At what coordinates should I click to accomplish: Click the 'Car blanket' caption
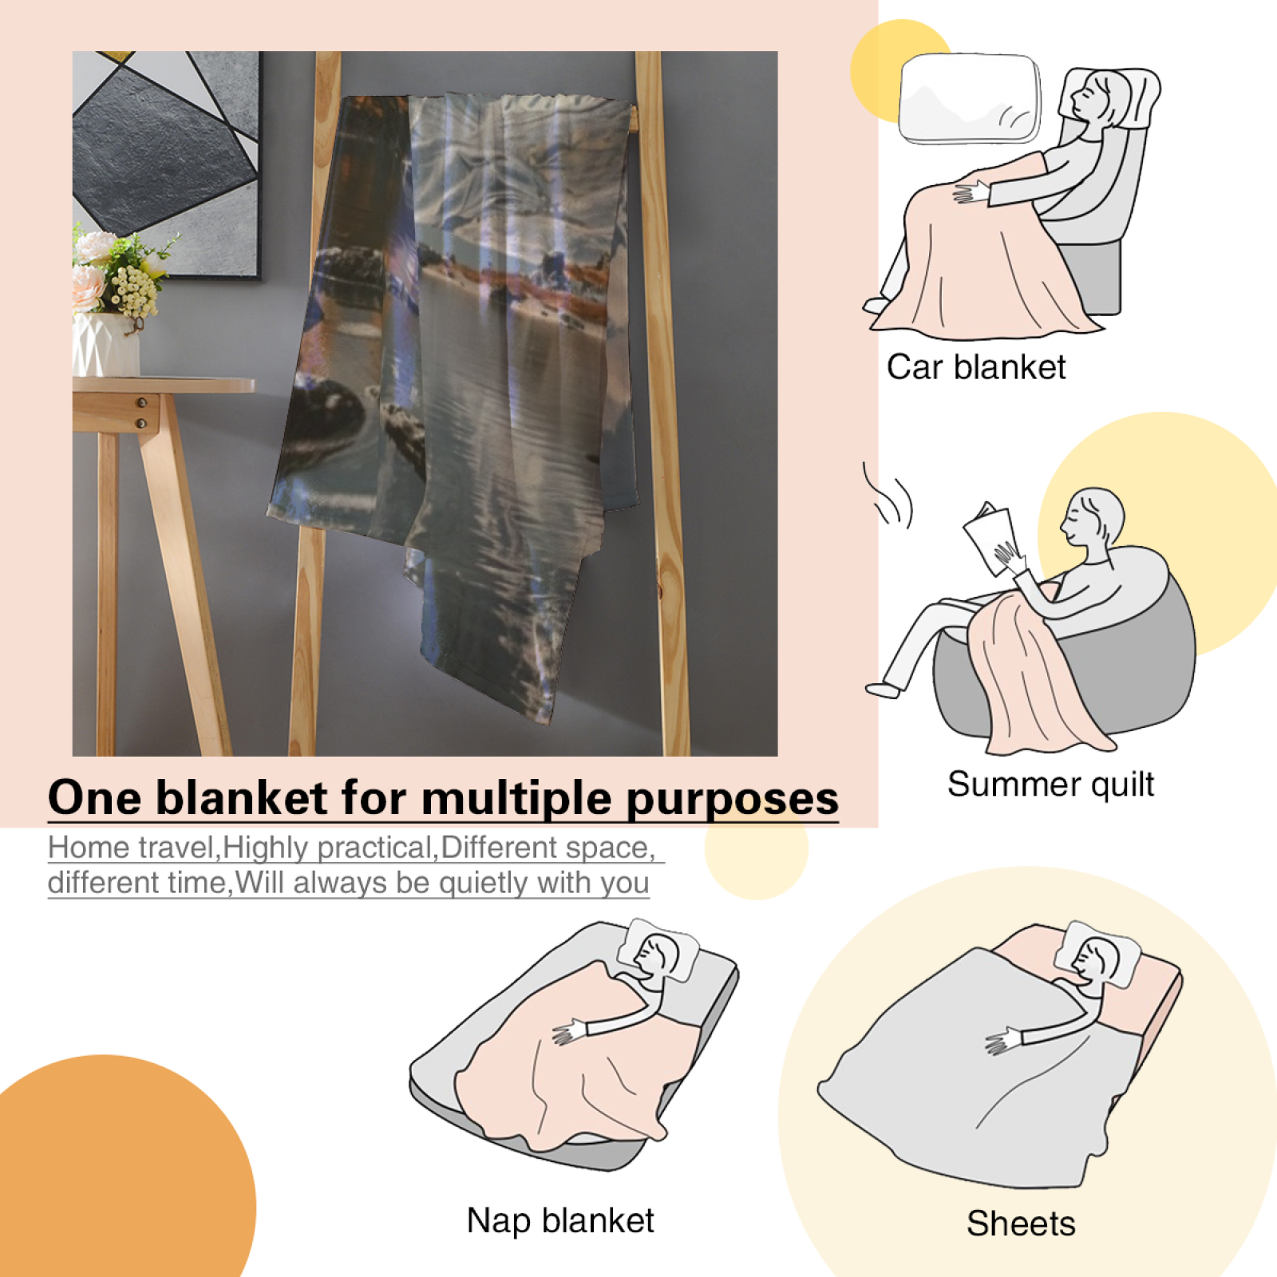coord(976,367)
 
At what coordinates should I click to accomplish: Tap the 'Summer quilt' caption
coord(1050,785)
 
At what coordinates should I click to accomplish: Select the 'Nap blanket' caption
coord(560,1221)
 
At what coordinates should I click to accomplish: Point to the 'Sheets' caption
coord(1021,1224)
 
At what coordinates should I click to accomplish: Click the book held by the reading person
coord(990,538)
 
